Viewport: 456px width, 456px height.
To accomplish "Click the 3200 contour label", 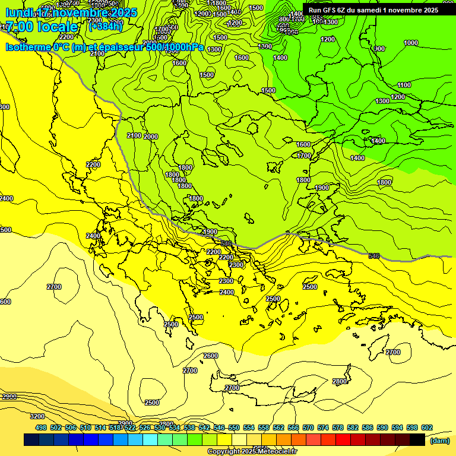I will point(37,416).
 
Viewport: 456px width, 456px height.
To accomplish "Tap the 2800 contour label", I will point(340,381).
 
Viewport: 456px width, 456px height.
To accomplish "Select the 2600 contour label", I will point(211,356).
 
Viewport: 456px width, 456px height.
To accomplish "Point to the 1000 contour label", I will point(410,43).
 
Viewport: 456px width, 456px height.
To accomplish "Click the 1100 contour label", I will point(404,85).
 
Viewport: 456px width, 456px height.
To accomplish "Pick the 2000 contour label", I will point(151,137).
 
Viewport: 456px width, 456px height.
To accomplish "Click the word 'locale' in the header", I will point(57,27).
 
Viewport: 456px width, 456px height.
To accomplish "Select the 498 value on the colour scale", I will point(40,427).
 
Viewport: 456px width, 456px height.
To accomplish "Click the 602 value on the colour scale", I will point(426,427).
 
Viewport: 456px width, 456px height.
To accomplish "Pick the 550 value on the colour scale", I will point(233,427).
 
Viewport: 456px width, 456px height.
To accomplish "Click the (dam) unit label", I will point(439,441).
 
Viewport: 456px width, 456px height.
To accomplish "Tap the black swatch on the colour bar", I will point(417,439).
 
